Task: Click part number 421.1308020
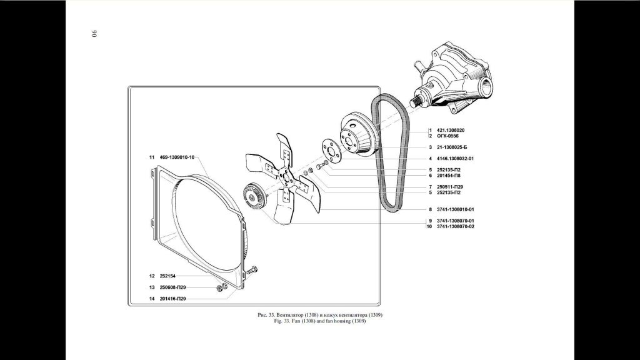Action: click(x=451, y=130)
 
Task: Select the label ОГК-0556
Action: click(x=447, y=136)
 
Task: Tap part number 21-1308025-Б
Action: click(x=452, y=147)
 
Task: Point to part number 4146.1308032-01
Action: click(x=456, y=159)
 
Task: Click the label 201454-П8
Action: click(x=449, y=176)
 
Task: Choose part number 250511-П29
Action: click(x=450, y=187)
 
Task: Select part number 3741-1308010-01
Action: click(x=456, y=210)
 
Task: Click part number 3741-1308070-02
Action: click(x=456, y=226)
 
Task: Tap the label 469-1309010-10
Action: click(x=177, y=157)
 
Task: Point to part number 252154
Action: click(x=167, y=276)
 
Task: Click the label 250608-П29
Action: click(x=172, y=287)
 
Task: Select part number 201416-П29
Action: click(x=172, y=299)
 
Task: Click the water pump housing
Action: click(x=453, y=77)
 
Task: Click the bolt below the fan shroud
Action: click(x=252, y=270)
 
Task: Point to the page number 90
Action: click(x=94, y=34)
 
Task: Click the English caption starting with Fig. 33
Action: click(x=320, y=321)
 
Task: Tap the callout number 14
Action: click(x=152, y=299)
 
